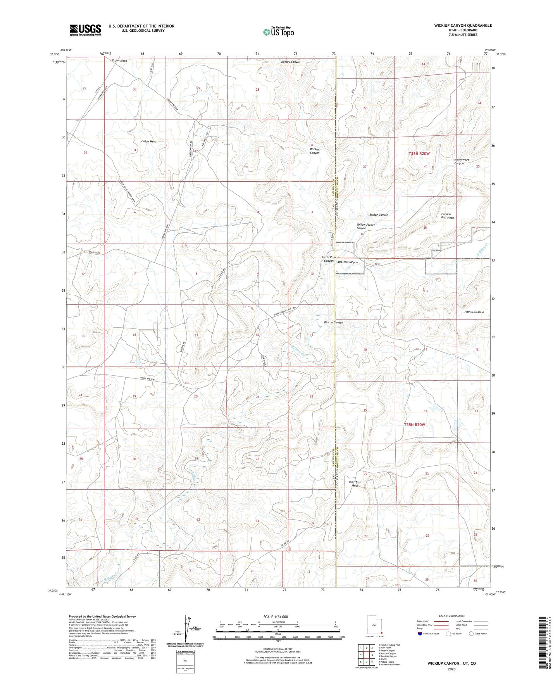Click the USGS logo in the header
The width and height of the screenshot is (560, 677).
[85, 29]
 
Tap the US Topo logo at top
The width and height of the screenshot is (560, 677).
[278, 31]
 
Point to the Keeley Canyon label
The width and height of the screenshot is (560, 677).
[291, 62]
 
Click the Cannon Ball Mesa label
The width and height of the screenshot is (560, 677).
[447, 216]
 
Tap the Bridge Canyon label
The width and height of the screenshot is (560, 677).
[379, 215]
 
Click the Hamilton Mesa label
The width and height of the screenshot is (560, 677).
[474, 312]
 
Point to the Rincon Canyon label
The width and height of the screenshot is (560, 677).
[333, 323]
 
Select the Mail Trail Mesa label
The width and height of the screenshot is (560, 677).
[355, 484]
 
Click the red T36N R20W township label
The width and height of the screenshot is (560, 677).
[419, 154]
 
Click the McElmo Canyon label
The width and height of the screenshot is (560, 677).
[348, 262]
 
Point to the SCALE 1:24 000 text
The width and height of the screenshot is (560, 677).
[275, 617]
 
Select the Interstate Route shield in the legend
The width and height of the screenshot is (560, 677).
[420, 634]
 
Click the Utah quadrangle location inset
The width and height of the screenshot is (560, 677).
[374, 625]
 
